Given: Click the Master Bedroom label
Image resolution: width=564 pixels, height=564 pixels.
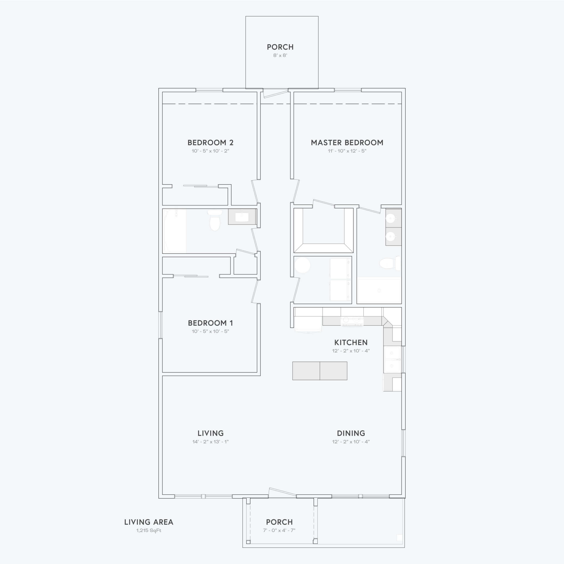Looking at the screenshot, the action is [347, 143].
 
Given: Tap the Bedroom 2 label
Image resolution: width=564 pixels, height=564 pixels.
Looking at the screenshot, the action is [210, 143].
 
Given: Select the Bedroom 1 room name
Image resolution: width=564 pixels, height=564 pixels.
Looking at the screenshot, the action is [210, 323].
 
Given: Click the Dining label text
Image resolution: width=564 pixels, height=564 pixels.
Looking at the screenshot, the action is [351, 433].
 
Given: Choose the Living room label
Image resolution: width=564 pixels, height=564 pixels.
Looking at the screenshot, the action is [210, 433].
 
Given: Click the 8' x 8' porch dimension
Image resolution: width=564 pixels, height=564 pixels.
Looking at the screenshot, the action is [280, 55].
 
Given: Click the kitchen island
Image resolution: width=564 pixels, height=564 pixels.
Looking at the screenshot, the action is [320, 371].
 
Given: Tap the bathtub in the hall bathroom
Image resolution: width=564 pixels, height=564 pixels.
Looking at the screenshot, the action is [174, 231].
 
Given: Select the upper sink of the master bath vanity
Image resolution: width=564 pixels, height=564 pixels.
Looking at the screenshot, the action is [390, 218].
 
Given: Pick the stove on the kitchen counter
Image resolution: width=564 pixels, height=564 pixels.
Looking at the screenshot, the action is [352, 321].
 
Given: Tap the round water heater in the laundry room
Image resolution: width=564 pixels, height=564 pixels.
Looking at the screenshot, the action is [302, 265].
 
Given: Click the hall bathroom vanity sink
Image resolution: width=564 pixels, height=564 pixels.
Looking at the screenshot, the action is [242, 217].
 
